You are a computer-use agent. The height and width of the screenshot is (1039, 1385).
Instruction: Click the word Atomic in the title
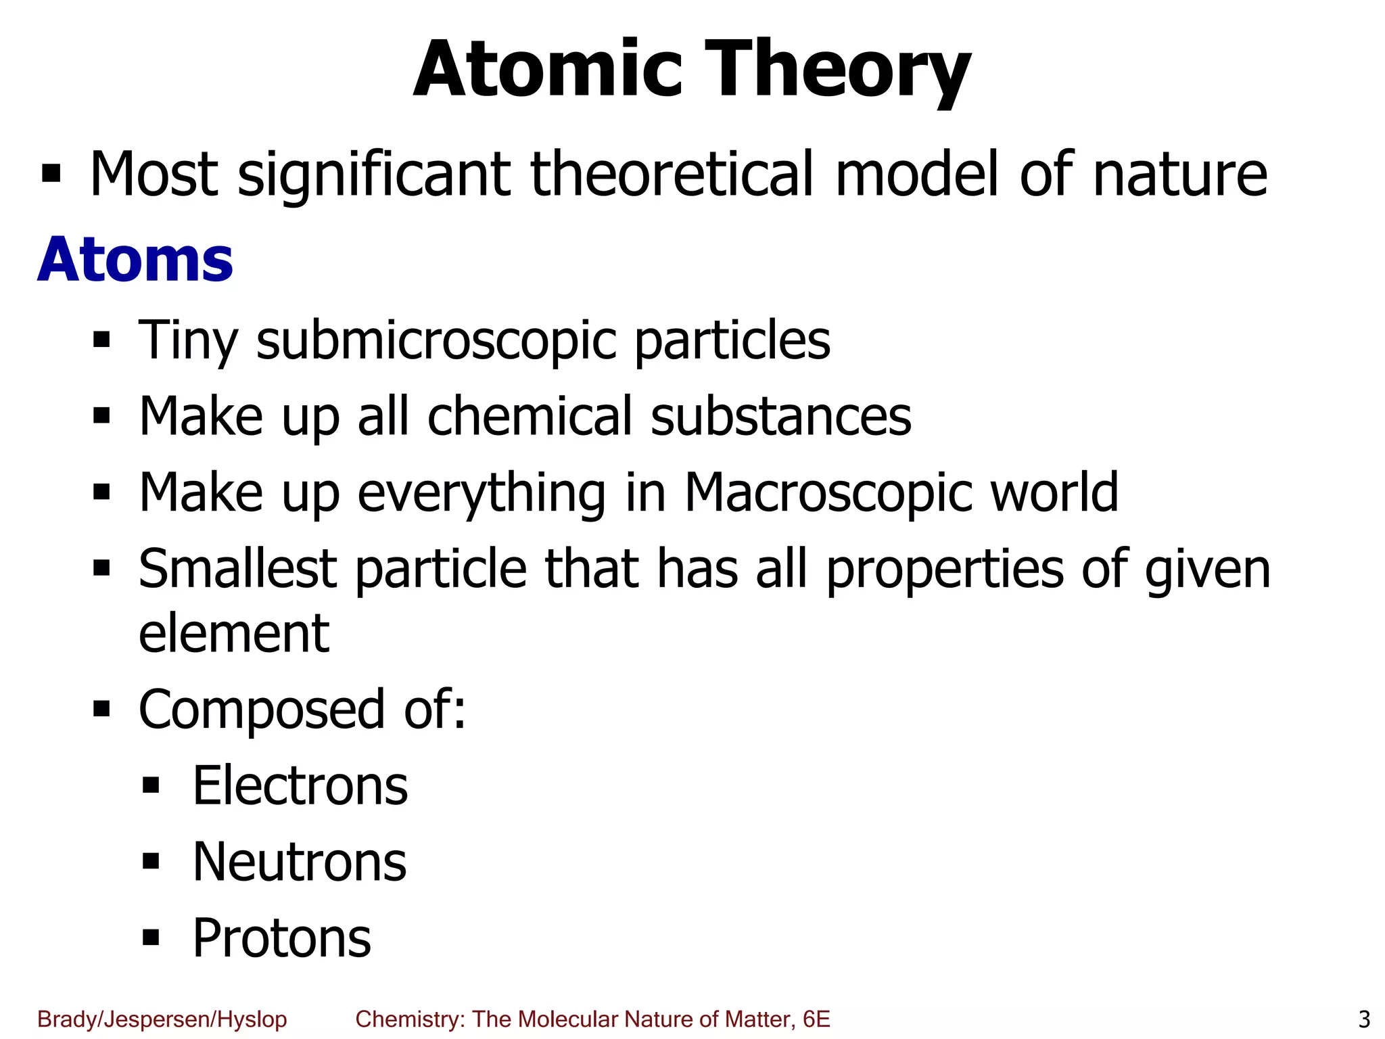click(548, 70)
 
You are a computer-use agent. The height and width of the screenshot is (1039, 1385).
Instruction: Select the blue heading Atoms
click(135, 260)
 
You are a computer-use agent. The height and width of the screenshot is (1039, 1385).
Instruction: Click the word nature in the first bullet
click(1179, 176)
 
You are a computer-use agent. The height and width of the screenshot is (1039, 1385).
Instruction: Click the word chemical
click(530, 416)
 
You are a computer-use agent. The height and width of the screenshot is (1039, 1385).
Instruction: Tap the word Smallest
click(237, 569)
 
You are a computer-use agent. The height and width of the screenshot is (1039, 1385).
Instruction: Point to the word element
click(234, 634)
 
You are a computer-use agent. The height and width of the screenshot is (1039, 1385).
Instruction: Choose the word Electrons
click(300, 787)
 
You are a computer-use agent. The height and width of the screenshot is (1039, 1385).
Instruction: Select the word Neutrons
click(300, 863)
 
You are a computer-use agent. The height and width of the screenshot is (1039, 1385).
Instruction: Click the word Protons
click(281, 939)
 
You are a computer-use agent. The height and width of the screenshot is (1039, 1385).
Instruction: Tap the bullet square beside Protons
click(151, 937)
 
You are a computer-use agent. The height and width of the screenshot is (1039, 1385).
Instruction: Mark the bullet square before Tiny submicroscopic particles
click(101, 338)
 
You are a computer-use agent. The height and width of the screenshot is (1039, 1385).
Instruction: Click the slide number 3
click(1364, 1019)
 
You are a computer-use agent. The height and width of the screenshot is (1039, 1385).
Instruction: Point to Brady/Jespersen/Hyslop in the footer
click(162, 1019)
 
